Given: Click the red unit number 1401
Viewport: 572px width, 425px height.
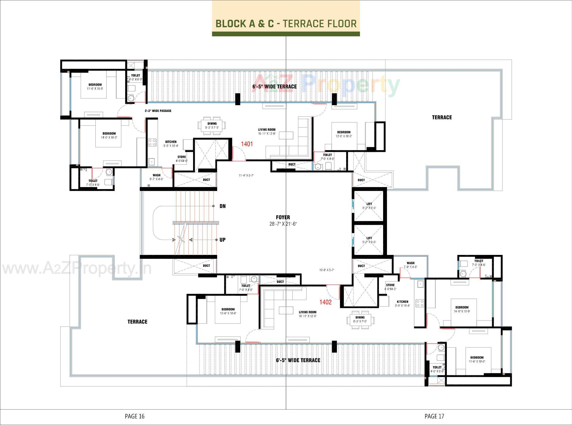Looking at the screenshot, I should pyautogui.click(x=247, y=144).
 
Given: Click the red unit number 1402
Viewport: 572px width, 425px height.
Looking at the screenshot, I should pyautogui.click(x=325, y=302).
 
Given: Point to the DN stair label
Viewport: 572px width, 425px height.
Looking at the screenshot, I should pyautogui.click(x=223, y=206).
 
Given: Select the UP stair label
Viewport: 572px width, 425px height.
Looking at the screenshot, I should pyautogui.click(x=222, y=240).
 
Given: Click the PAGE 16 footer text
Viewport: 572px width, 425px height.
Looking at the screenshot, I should pyautogui.click(x=134, y=416).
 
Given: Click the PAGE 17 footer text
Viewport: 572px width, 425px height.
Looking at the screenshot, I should pyautogui.click(x=434, y=416).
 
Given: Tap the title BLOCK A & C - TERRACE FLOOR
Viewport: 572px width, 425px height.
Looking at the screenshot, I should pyautogui.click(x=286, y=24).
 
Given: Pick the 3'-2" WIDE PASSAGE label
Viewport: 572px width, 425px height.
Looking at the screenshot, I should pyautogui.click(x=158, y=111).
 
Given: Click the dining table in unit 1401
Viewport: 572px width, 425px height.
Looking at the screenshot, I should pyautogui.click(x=212, y=125).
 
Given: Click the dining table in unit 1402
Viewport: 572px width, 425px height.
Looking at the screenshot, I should pyautogui.click(x=360, y=320).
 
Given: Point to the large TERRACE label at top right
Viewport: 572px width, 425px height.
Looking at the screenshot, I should pyautogui.click(x=442, y=117).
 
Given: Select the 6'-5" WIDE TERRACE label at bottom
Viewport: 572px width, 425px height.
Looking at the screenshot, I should pyautogui.click(x=298, y=360).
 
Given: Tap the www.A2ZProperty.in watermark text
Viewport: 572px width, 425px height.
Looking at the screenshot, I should pyautogui.click(x=77, y=269).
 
